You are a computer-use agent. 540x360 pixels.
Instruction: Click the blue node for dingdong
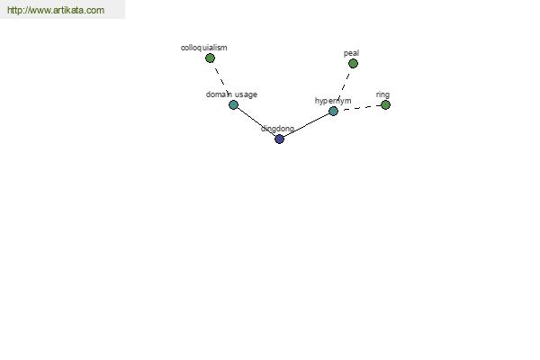tap(279, 139)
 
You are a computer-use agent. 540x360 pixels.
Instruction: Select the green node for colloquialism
tap(210, 58)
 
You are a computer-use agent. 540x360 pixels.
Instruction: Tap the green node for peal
tap(353, 63)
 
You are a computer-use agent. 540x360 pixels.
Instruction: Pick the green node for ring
tap(386, 104)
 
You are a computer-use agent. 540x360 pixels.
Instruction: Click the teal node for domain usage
tap(233, 104)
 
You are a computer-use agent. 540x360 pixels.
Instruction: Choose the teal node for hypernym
tap(333, 111)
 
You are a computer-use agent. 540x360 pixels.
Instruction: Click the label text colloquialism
tap(204, 48)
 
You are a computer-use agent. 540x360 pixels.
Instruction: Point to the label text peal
tap(351, 53)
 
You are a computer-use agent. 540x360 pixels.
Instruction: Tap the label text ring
tap(382, 94)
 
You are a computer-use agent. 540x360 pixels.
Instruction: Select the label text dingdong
tap(277, 129)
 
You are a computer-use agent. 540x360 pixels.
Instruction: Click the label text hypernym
tap(333, 101)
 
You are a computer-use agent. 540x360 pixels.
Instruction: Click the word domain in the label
tap(219, 94)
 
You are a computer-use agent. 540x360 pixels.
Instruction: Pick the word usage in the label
tap(246, 94)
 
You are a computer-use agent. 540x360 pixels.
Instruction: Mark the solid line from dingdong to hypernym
tap(307, 125)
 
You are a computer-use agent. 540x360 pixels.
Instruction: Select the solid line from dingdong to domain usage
tap(256, 122)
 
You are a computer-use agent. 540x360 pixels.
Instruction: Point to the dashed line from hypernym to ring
tap(359, 108)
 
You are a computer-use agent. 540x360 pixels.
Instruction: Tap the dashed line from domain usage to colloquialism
tap(221, 80)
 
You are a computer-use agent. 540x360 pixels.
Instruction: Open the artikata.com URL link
tap(56, 10)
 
